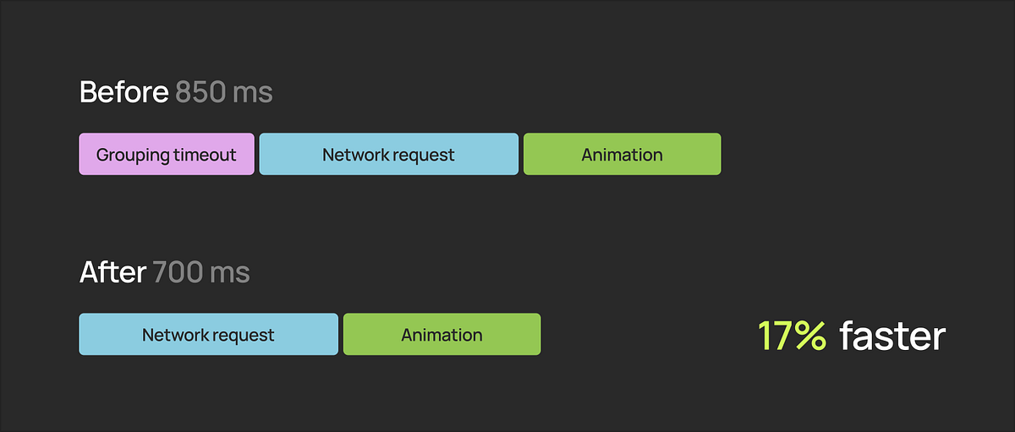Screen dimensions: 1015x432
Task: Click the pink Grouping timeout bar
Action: coord(167,154)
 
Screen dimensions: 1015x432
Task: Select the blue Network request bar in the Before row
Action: coord(389,154)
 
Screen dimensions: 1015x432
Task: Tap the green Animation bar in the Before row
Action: coord(623,154)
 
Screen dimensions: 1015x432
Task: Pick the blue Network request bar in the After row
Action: coord(208,334)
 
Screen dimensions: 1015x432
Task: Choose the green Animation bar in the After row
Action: coord(442,334)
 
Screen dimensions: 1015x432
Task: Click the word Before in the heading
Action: coord(124,92)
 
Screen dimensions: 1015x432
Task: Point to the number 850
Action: coord(200,92)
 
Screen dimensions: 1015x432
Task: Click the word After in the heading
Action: coord(112,272)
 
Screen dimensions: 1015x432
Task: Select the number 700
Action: coord(178,272)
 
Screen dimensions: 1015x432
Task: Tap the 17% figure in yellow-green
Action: coord(792,336)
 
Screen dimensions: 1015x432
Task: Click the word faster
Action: coord(892,336)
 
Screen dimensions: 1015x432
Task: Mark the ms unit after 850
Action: coord(252,93)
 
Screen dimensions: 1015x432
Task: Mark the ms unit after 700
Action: coord(230,273)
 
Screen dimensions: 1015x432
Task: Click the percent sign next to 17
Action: coord(810,336)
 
